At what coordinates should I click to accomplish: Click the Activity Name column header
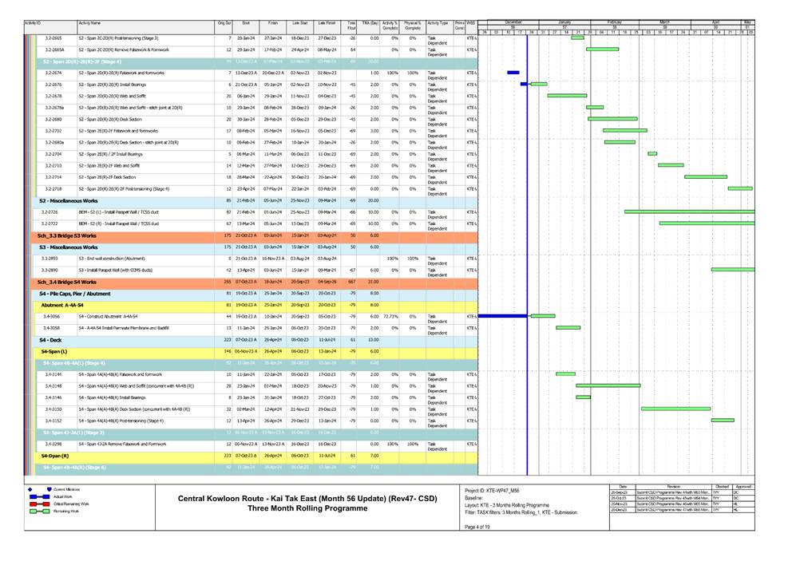tap(89, 24)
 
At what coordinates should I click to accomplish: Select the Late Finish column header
tap(326, 24)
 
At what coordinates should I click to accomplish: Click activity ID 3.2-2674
tap(53, 73)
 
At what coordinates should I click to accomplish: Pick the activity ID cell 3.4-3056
tap(53, 316)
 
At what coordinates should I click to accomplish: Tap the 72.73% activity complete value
tap(390, 316)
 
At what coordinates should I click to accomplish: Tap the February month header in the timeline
tap(615, 22)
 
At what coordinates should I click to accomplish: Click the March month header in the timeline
tap(664, 22)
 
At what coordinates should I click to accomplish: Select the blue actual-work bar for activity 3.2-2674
tap(513, 73)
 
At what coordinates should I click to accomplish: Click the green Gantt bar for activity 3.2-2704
tap(652, 153)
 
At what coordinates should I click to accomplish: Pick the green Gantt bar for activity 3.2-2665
tap(577, 38)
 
